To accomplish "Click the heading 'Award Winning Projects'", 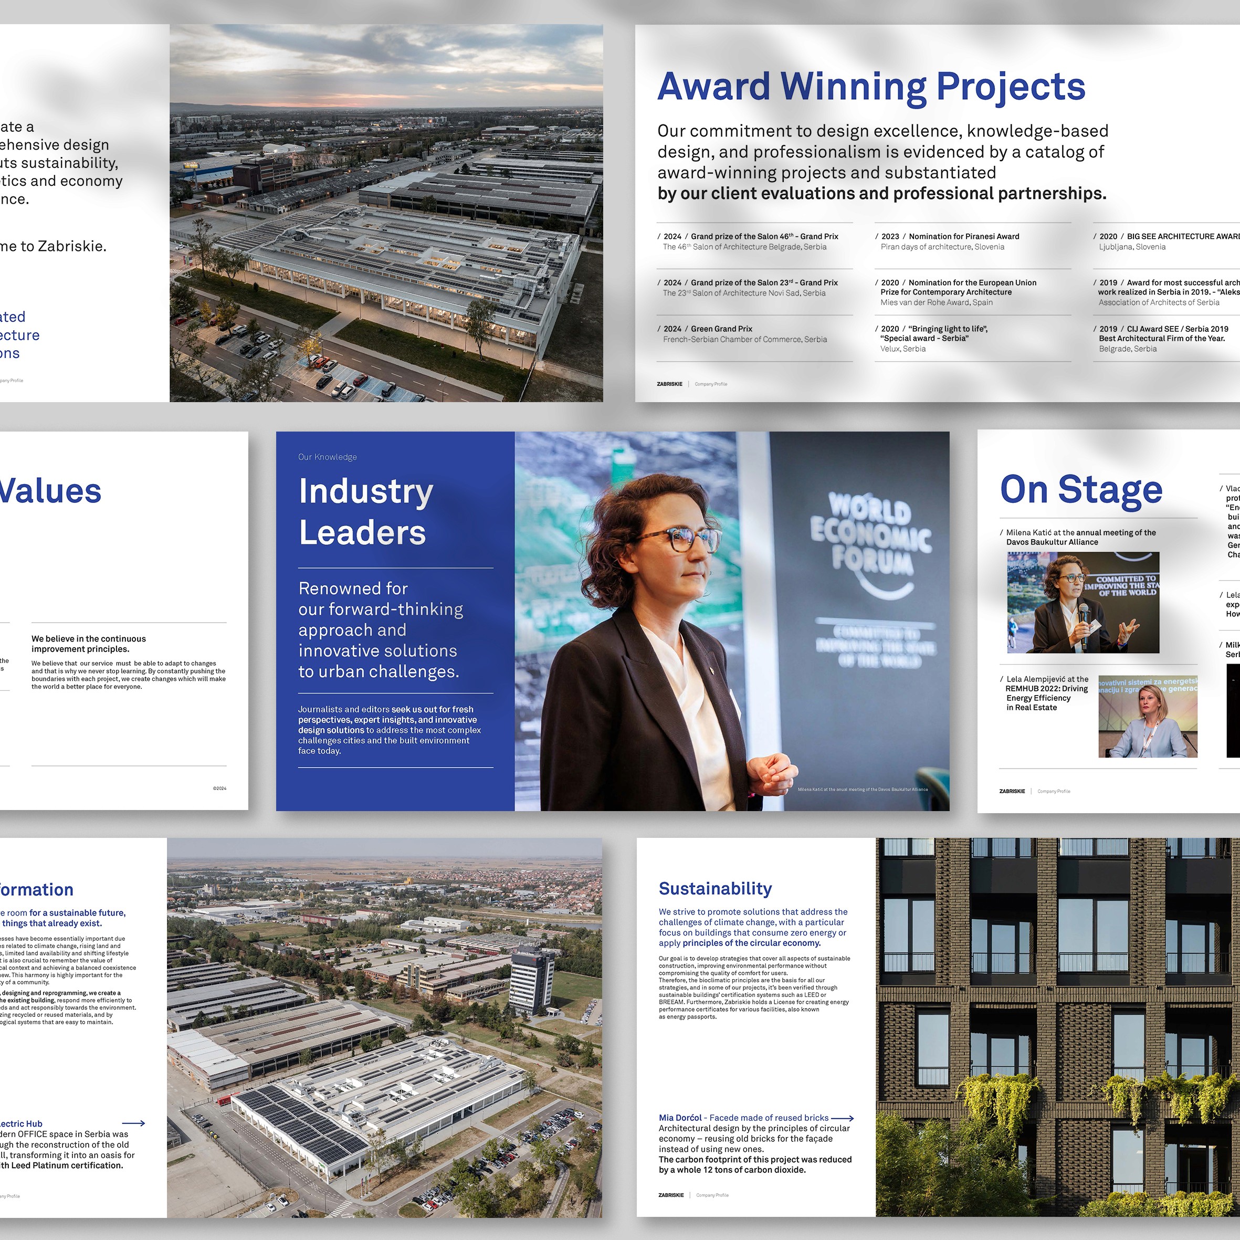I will [x=871, y=87].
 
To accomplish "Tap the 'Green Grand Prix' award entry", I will [x=721, y=329].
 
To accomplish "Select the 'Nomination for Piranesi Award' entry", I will [x=963, y=236].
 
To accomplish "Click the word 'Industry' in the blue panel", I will [x=366, y=491].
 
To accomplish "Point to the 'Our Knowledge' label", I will [x=328, y=457].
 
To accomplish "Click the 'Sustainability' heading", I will [x=715, y=888].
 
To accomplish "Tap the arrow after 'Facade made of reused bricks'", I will [x=842, y=1118].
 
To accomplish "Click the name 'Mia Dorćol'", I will [x=680, y=1118].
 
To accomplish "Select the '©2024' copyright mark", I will [x=219, y=788].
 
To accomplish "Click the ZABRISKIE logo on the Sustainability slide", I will [x=671, y=1195].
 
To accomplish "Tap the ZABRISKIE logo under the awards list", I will [x=669, y=384].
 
